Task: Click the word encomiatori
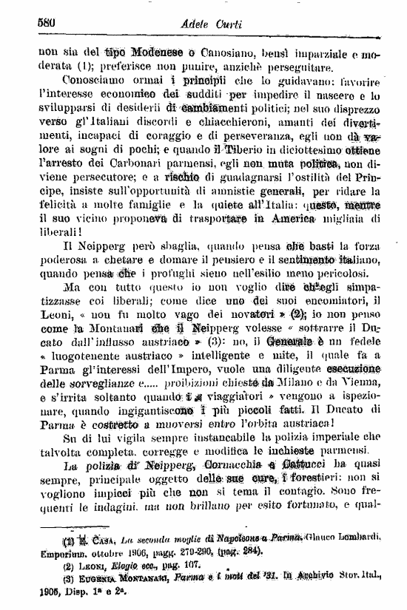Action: pos(328,305)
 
